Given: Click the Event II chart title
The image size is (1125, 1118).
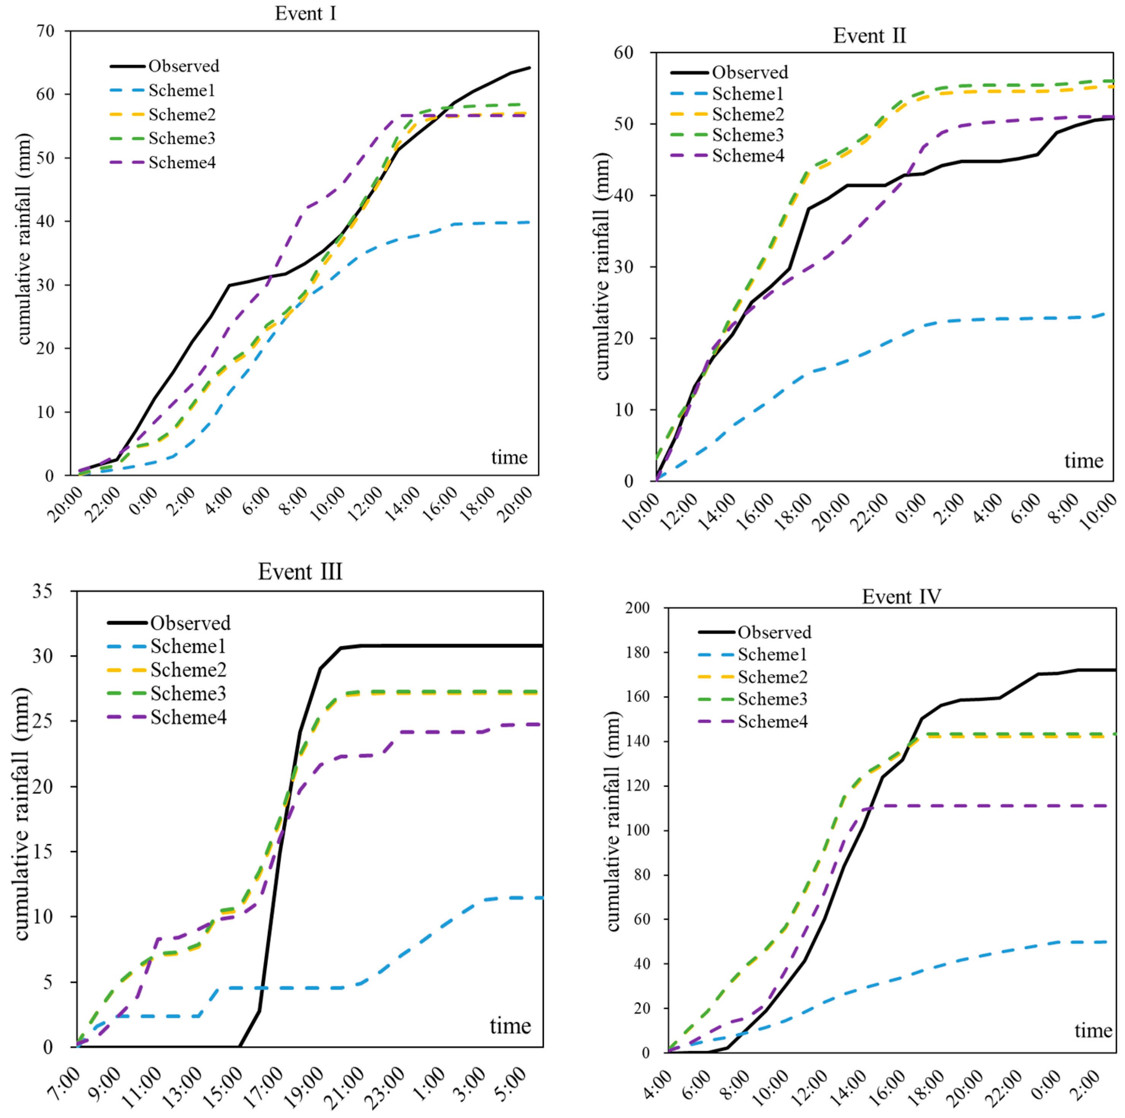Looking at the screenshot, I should (869, 35).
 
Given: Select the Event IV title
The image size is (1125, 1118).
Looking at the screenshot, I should (901, 596).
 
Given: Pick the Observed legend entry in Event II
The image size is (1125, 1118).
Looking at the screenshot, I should (749, 72).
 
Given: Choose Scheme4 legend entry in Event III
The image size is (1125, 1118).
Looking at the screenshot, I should (188, 717).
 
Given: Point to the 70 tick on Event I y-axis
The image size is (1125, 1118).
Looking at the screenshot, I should (45, 31).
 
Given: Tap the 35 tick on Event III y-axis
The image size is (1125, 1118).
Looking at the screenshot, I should (43, 591).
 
